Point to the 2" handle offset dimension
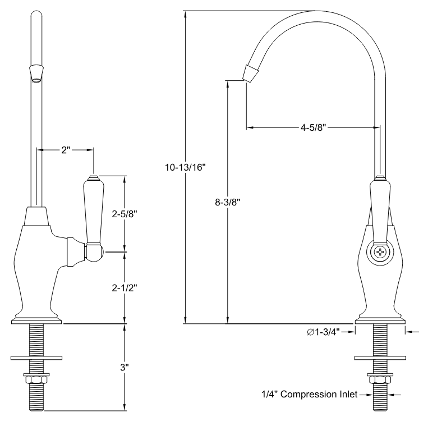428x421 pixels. point(66,150)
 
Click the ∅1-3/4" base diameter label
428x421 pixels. point(327,332)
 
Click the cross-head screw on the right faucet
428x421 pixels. point(380,253)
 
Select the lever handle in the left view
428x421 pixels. point(93,210)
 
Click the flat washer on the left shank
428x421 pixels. point(37,357)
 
